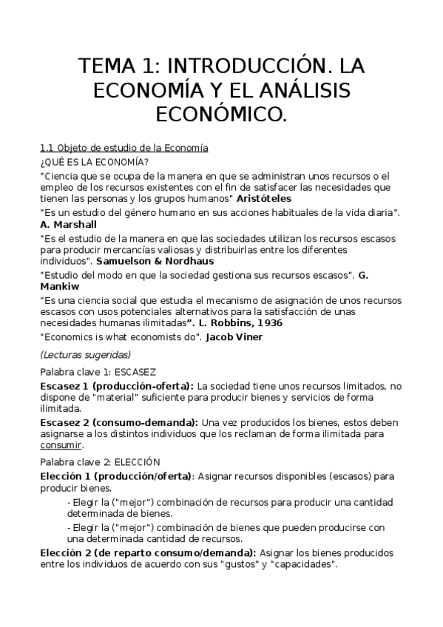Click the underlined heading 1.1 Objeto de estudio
[x=124, y=148]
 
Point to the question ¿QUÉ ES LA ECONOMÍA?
[x=93, y=162]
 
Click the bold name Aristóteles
[x=264, y=198]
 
